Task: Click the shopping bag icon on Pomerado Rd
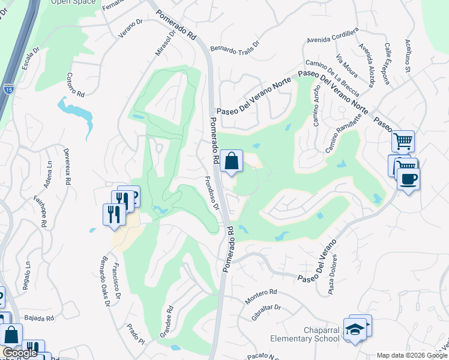231,161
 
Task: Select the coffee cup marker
408,179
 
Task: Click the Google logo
20,353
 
